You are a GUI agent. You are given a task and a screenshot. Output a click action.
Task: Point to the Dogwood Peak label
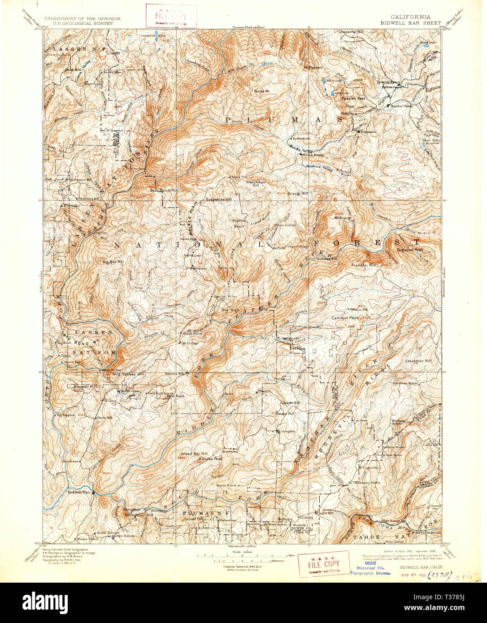click(x=409, y=250)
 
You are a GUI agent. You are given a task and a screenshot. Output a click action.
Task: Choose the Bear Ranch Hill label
click(x=164, y=190)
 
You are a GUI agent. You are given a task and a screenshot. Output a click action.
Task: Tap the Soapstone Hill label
click(x=218, y=199)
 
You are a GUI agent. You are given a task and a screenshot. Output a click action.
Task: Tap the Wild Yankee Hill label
click(x=128, y=374)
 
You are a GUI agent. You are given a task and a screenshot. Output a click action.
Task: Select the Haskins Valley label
click(x=319, y=167)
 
